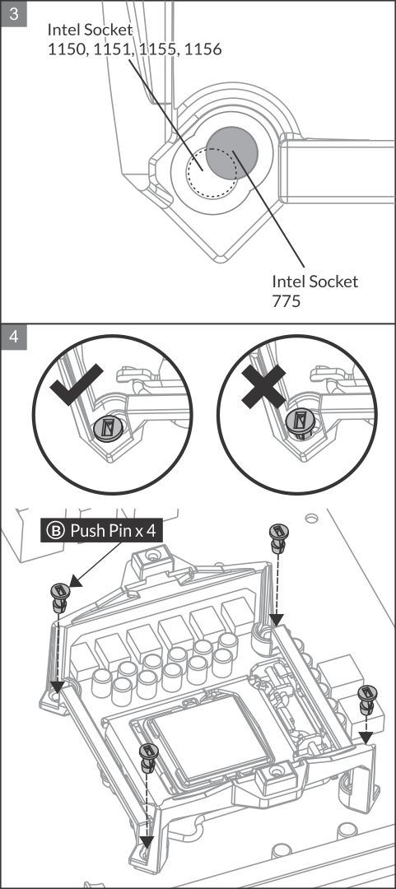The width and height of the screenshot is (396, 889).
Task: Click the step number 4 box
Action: tap(14, 337)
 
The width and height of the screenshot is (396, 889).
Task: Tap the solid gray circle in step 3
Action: tap(231, 151)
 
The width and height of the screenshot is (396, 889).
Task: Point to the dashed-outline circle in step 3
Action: tap(212, 171)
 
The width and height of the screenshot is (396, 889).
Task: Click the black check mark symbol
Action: tap(76, 385)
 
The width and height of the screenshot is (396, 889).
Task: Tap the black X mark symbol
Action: tap(263, 386)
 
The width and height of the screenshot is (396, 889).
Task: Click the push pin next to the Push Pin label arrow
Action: tap(59, 597)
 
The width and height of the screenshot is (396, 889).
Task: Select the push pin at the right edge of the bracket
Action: tap(365, 699)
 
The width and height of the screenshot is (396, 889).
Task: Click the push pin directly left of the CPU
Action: tap(147, 758)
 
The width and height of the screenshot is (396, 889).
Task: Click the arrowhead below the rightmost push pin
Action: tap(366, 737)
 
